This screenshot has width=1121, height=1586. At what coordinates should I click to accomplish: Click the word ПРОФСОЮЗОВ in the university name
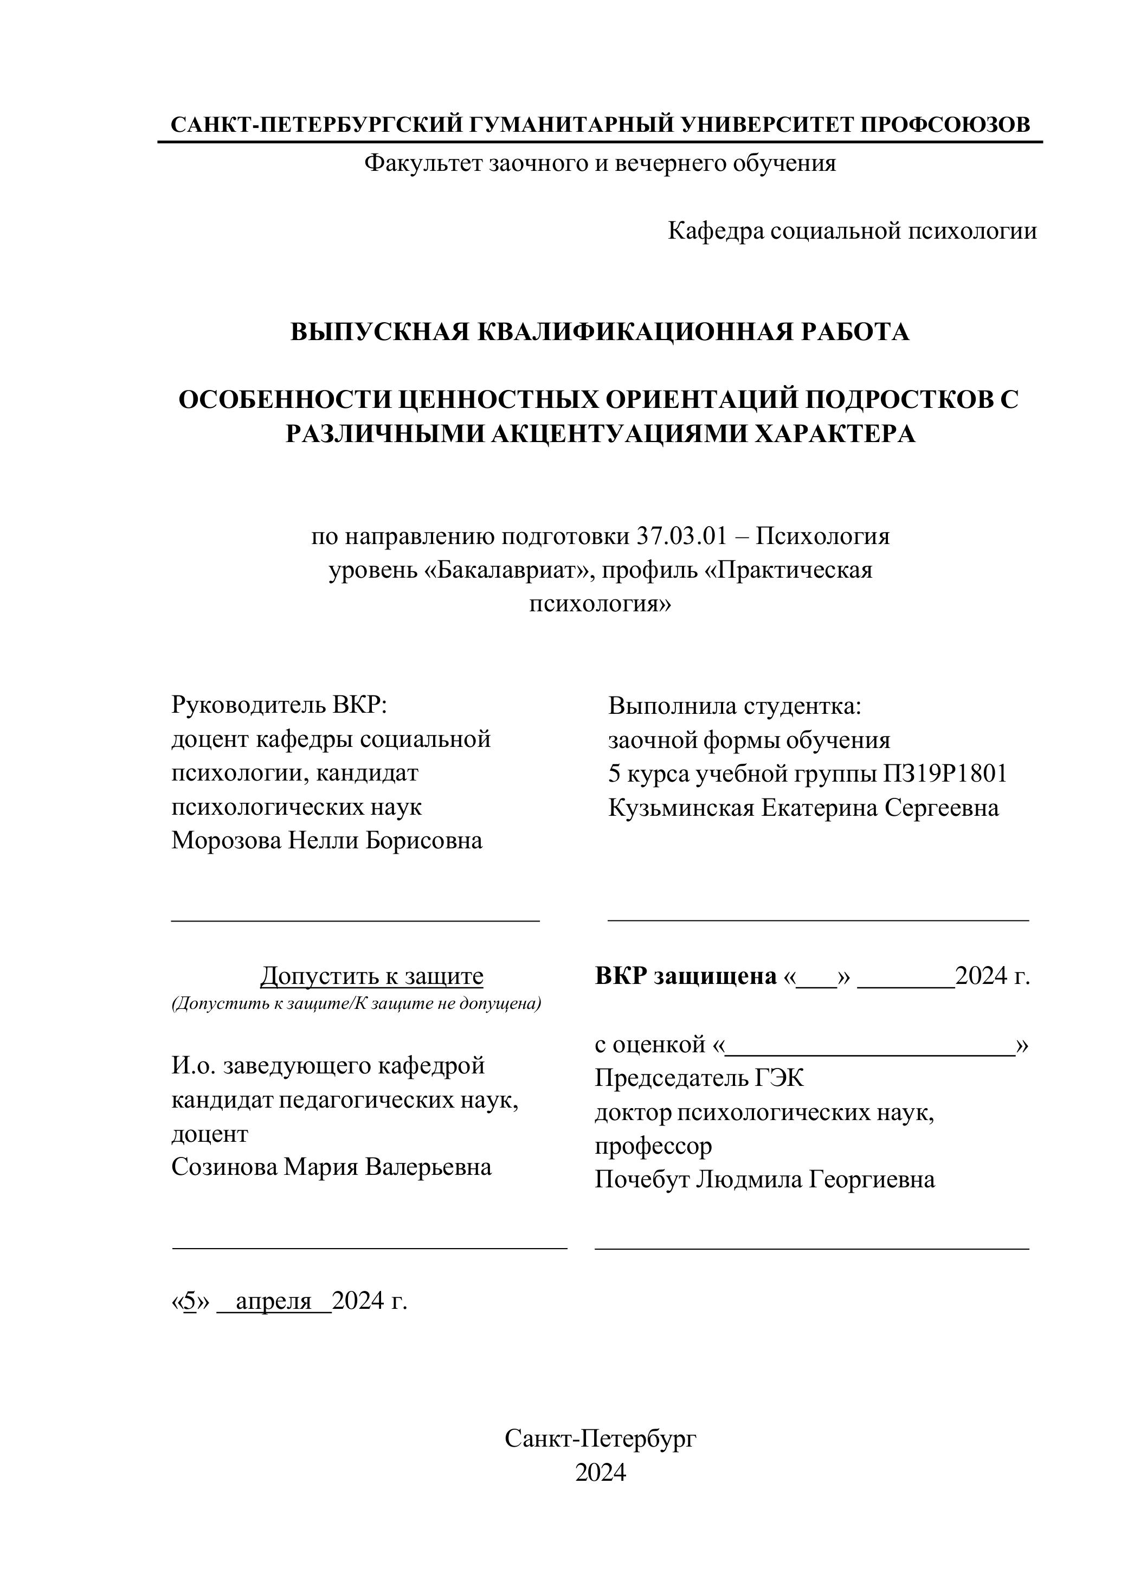click(x=944, y=125)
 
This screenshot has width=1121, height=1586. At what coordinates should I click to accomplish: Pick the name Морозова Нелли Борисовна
click(x=326, y=841)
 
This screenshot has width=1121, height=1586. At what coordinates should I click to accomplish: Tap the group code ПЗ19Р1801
click(x=944, y=773)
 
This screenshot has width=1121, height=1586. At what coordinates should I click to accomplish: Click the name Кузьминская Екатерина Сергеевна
click(x=803, y=808)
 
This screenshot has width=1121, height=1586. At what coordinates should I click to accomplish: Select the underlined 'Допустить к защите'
click(x=371, y=976)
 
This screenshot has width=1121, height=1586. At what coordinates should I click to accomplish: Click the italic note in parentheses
click(x=356, y=1003)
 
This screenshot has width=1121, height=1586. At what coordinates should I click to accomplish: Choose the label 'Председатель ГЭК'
click(x=699, y=1078)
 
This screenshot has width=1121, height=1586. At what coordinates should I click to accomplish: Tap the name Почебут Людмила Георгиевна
click(x=765, y=1179)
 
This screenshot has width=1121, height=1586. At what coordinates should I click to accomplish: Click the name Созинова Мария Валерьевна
click(x=331, y=1167)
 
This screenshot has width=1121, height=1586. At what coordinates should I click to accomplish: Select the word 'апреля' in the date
click(x=274, y=1301)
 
